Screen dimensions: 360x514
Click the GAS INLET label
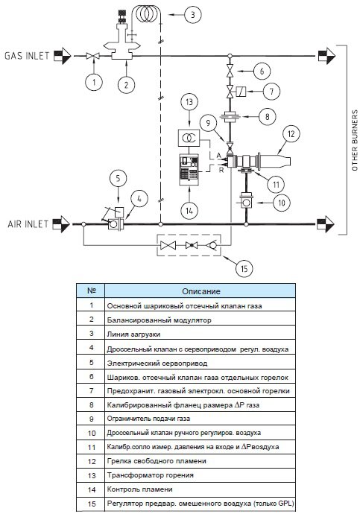27,56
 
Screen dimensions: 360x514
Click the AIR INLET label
28,224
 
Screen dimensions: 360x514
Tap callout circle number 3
192,15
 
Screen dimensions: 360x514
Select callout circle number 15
244,269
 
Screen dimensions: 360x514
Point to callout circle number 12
291,134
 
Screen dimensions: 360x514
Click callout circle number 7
271,91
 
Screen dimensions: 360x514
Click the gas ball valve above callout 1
92,56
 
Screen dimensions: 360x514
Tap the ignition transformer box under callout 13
188,138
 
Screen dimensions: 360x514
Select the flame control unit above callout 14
189,169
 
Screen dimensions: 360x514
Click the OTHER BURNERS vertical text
355,140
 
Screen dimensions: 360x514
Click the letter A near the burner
218,155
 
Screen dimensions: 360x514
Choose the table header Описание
201,291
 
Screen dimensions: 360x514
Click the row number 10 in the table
92,433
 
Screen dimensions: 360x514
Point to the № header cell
91,291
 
